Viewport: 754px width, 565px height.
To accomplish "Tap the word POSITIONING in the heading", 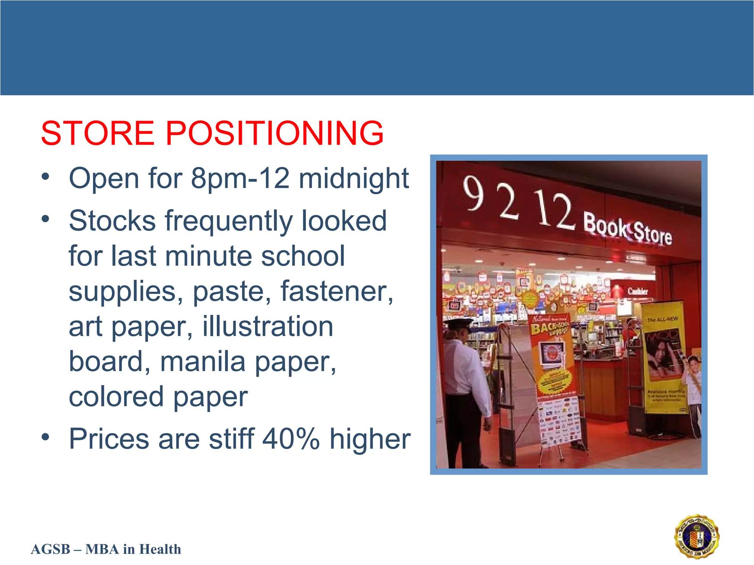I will click(275, 133).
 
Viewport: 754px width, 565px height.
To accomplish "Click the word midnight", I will click(353, 179).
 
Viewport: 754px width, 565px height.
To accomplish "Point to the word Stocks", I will click(112, 221).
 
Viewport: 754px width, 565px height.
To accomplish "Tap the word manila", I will click(202, 362).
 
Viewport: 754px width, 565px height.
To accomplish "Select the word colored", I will click(116, 397).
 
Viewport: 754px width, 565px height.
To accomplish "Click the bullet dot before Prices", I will click(45, 437).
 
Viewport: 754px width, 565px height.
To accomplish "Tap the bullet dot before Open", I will click(45, 177).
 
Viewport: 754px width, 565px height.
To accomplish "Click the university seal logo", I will click(697, 536).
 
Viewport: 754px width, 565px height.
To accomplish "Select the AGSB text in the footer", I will click(50, 549).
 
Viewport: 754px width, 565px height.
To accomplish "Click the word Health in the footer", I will click(160, 549).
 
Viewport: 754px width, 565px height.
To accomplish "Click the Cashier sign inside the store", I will click(637, 291).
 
